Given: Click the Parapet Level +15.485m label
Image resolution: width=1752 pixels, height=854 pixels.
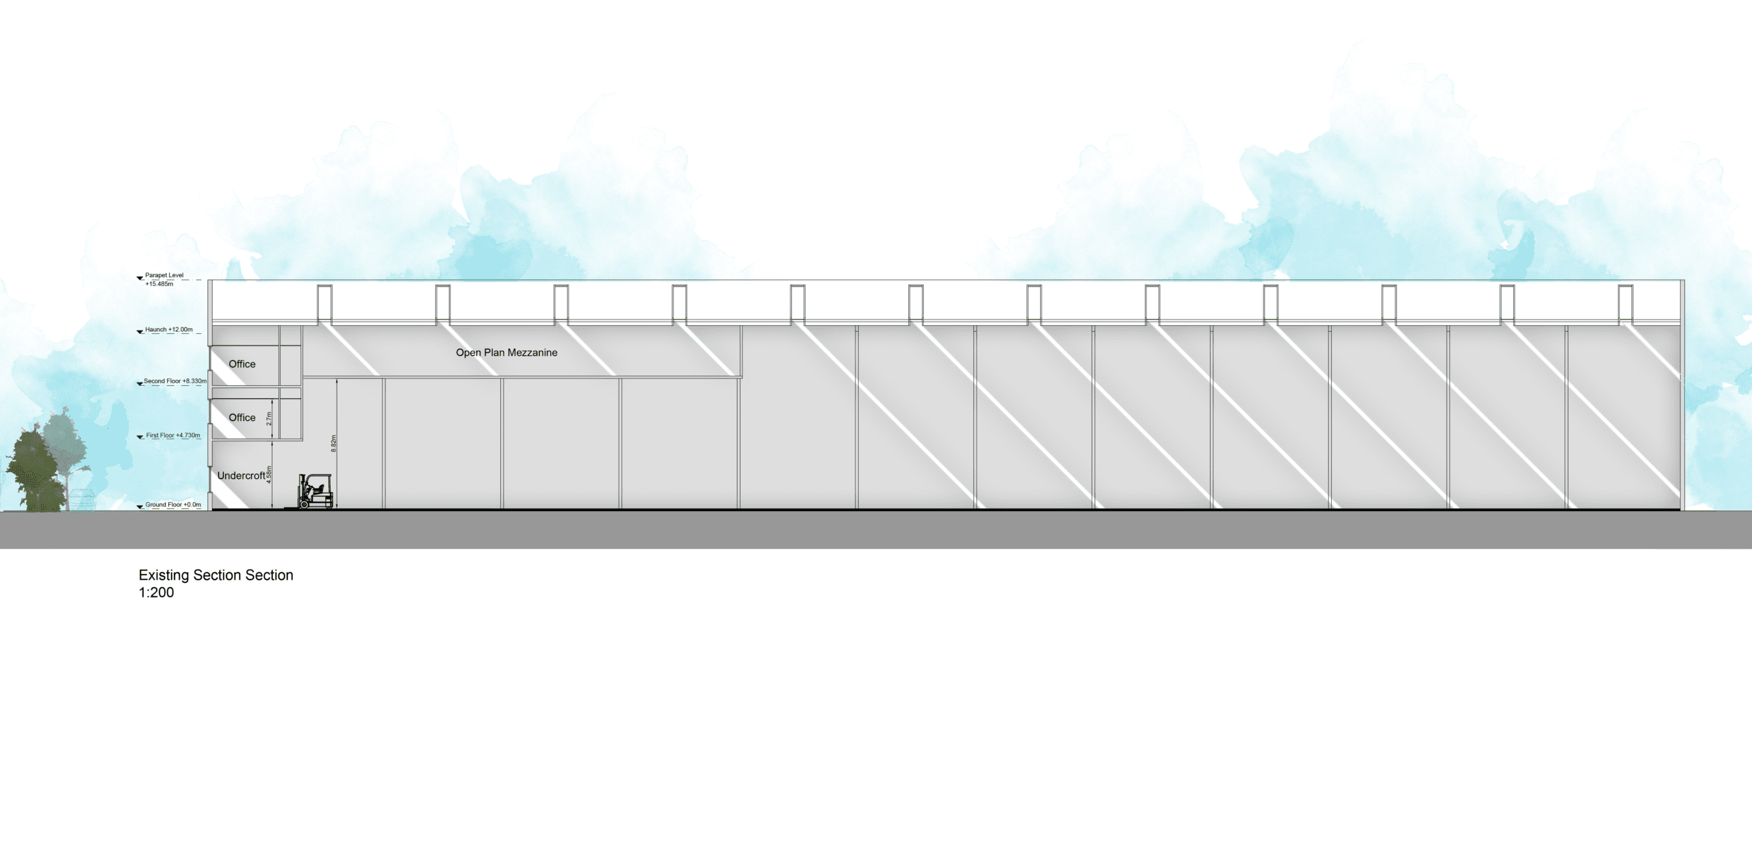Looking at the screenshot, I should click(164, 279).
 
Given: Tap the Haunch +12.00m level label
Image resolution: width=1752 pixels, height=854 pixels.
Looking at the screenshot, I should click(168, 330).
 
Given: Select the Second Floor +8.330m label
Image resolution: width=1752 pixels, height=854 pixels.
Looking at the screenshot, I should click(175, 381).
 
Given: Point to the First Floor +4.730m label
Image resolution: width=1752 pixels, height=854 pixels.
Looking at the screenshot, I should click(172, 435).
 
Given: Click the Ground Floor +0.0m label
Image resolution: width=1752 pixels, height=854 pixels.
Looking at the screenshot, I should click(173, 505).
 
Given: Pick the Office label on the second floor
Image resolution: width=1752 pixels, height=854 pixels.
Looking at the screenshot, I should click(242, 364).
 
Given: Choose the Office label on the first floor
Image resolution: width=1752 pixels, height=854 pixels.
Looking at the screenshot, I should click(242, 417).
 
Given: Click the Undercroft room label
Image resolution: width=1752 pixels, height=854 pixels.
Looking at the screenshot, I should click(241, 476).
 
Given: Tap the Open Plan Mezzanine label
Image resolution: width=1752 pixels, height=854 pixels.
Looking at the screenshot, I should click(506, 352).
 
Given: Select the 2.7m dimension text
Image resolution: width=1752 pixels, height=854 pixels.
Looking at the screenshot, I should click(269, 419).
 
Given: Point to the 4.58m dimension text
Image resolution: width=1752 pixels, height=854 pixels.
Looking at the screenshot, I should click(269, 475).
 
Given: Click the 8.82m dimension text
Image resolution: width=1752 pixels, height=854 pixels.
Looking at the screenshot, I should click(333, 443).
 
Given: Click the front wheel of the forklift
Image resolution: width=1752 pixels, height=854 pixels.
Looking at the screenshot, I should click(304, 504).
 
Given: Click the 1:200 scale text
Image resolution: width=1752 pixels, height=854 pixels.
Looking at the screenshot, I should click(156, 593).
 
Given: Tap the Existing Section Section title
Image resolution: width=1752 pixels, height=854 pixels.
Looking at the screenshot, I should click(216, 575).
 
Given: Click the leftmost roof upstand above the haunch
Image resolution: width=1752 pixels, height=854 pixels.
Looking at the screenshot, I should click(324, 304).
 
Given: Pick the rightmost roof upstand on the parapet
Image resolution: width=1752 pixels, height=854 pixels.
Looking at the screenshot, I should click(1625, 304).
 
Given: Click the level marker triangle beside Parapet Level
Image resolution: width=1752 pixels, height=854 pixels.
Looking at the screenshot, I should click(140, 279).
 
